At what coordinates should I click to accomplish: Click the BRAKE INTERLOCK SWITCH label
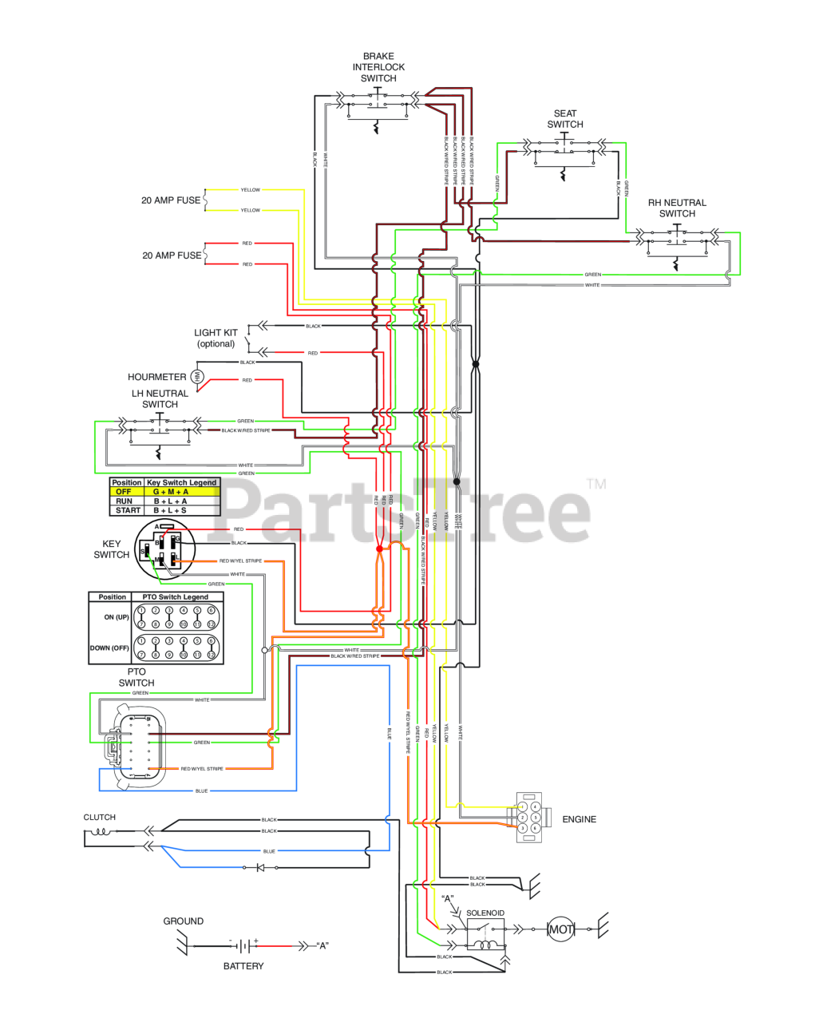tap(378, 68)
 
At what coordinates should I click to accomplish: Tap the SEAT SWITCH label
tap(565, 119)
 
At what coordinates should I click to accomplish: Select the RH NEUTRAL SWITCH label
tap(677, 208)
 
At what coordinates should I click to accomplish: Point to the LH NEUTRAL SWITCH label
tap(160, 399)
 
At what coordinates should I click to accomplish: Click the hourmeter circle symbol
tap(199, 377)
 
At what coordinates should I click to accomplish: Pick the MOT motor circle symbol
tap(560, 929)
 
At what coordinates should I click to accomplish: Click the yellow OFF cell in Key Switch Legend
tap(124, 492)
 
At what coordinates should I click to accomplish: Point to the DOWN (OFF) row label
tap(109, 648)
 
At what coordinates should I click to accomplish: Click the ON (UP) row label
tap(117, 617)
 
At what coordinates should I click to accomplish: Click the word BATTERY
tap(243, 966)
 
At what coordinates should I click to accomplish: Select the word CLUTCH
tap(100, 818)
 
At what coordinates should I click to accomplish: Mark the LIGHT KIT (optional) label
tap(216, 339)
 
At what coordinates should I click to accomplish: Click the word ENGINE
tap(580, 819)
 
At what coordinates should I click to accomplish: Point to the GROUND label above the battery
tap(184, 921)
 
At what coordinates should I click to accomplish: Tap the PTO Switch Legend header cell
tap(175, 597)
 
